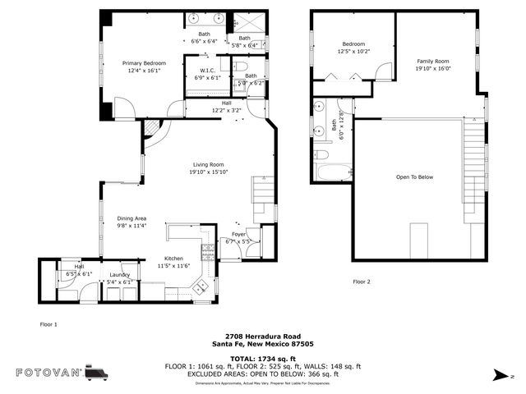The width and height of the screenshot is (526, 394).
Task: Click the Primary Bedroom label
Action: tap(144, 63)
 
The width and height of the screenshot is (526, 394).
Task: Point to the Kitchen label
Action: tap(173, 258)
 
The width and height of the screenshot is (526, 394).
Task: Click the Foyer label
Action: tap(238, 234)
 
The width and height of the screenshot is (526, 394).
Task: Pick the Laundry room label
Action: tap(120, 274)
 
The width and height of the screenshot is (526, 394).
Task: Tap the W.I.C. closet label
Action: tap(207, 71)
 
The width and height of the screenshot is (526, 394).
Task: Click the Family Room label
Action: tap(433, 62)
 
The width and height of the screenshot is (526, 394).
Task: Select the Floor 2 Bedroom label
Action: tap(353, 44)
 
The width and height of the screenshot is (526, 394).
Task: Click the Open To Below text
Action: tap(414, 176)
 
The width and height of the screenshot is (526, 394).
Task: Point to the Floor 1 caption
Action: tap(49, 324)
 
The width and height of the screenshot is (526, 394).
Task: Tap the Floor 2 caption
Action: tap(362, 282)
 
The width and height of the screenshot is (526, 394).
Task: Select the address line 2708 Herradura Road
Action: tap(262, 337)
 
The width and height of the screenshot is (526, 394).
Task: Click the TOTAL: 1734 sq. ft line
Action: tap(262, 358)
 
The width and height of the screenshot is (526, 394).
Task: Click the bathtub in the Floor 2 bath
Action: tap(333, 172)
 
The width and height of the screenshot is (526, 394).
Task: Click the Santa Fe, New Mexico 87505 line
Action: tap(262, 344)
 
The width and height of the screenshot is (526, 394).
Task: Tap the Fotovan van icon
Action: tap(96, 373)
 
